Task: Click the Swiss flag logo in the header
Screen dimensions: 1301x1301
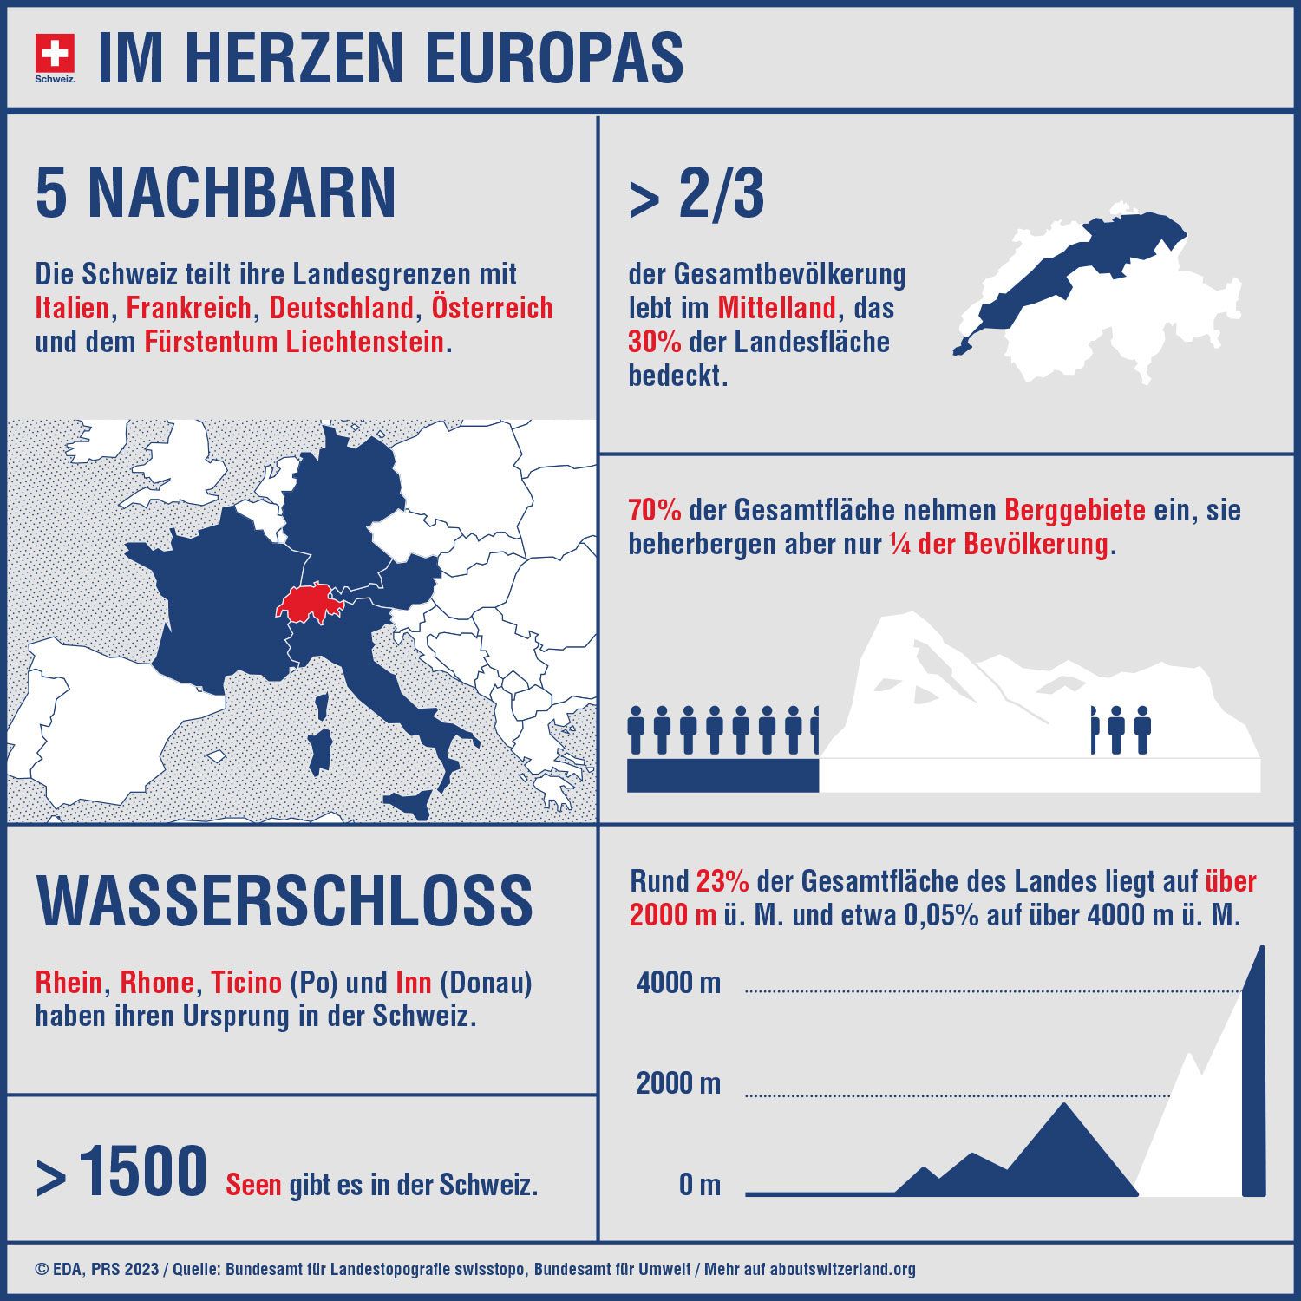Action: coord(55,55)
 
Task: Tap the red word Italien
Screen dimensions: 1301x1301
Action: coord(72,308)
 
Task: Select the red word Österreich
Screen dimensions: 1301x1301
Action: coord(492,308)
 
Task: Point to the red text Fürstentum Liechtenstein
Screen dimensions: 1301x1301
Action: coord(294,342)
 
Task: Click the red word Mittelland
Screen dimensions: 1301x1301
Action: coord(776,308)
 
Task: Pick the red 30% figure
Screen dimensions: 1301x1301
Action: coord(654,342)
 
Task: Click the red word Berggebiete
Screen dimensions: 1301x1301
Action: coord(1075,510)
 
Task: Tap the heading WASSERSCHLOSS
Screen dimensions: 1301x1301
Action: coord(284,900)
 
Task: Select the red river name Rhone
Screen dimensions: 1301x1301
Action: coord(156,983)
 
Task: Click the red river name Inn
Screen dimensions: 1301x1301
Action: coord(413,983)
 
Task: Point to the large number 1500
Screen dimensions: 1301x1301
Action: coord(143,1172)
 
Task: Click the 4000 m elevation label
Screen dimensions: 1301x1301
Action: coord(678,983)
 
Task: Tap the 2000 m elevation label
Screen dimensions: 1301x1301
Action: coord(678,1083)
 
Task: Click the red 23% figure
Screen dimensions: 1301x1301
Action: coord(722,882)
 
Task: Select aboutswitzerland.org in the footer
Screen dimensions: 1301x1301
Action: coord(842,1270)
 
